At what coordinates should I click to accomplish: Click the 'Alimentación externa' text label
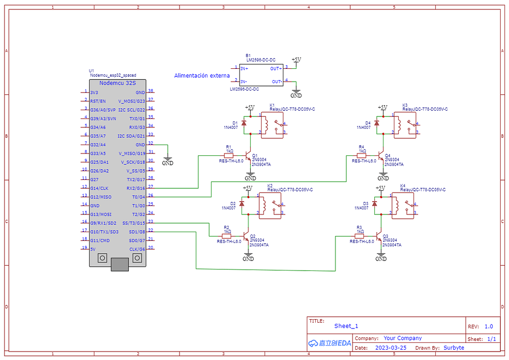pos(202,76)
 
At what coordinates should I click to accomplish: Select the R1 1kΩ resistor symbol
pos(229,155)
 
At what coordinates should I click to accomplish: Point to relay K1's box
pos(271,125)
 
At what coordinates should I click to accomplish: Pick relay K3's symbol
pos(404,125)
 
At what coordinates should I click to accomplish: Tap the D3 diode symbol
pos(374,203)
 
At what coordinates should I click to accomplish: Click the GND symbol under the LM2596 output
pos(296,93)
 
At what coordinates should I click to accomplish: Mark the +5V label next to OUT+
pos(296,60)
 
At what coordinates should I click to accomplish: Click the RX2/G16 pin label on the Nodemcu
pos(135,187)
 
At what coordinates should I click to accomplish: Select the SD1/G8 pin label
pos(137,231)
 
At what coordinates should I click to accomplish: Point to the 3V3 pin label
pos(94,92)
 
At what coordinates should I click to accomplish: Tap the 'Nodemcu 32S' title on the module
pos(118,83)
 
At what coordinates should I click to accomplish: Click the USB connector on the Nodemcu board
pos(120,265)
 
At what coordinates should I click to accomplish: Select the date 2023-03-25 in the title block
pos(390,348)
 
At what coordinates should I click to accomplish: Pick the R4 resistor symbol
pos(361,155)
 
